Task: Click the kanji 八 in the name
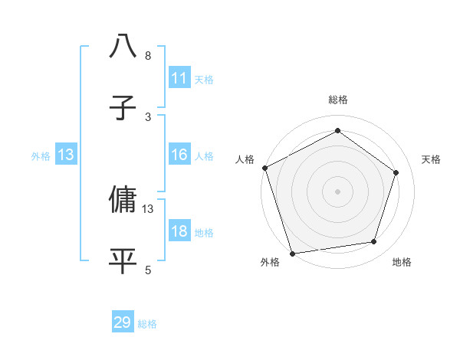click(123, 47)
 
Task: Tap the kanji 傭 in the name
click(123, 199)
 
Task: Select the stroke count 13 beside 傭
click(148, 208)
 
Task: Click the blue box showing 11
click(179, 78)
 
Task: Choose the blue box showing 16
click(179, 155)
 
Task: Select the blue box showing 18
click(179, 232)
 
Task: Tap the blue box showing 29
click(123, 323)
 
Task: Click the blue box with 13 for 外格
click(66, 155)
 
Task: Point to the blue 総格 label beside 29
click(148, 324)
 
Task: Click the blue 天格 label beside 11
click(204, 79)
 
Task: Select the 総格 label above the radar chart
click(338, 100)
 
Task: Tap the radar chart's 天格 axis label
click(432, 159)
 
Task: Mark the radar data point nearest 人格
click(265, 168)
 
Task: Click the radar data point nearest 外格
click(292, 252)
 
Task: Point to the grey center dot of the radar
click(338, 191)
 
